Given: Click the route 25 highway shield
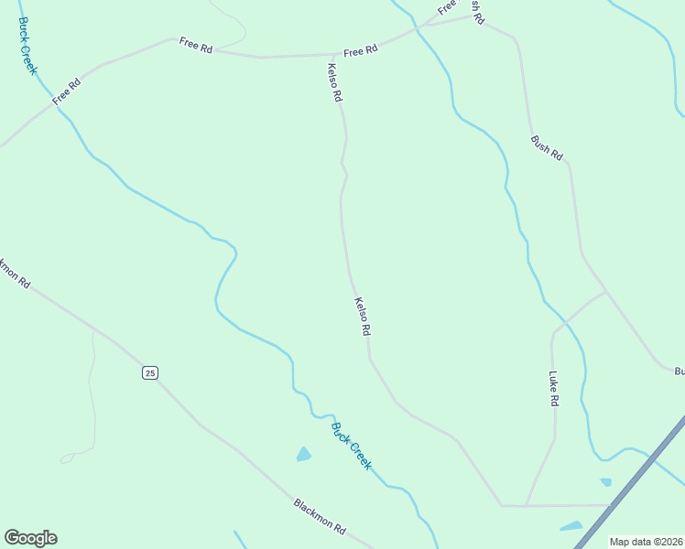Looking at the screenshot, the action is pos(150,371).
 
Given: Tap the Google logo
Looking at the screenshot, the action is pos(30,538).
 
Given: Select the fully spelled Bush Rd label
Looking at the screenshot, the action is pos(547,147).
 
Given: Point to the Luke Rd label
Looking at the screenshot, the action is pos(553,388).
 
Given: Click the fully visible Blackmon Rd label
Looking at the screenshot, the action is pos(320,516).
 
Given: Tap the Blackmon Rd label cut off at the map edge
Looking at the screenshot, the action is pos(14,272).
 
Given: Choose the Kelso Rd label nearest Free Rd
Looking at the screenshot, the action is pos(335,82).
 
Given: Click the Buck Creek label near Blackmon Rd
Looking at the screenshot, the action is pos(352,446).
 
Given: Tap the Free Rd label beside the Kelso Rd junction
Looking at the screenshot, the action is pos(361,51).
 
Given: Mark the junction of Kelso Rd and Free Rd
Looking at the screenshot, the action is pos(332,55).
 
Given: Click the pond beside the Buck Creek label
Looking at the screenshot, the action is pos(303,454).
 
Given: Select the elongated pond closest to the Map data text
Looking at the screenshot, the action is pos(571,526).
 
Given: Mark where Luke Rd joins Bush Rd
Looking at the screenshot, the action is pos(605,293).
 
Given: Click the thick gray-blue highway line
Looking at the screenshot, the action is pos(632,480).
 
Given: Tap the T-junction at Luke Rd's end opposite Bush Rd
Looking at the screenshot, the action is pos(526,505).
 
